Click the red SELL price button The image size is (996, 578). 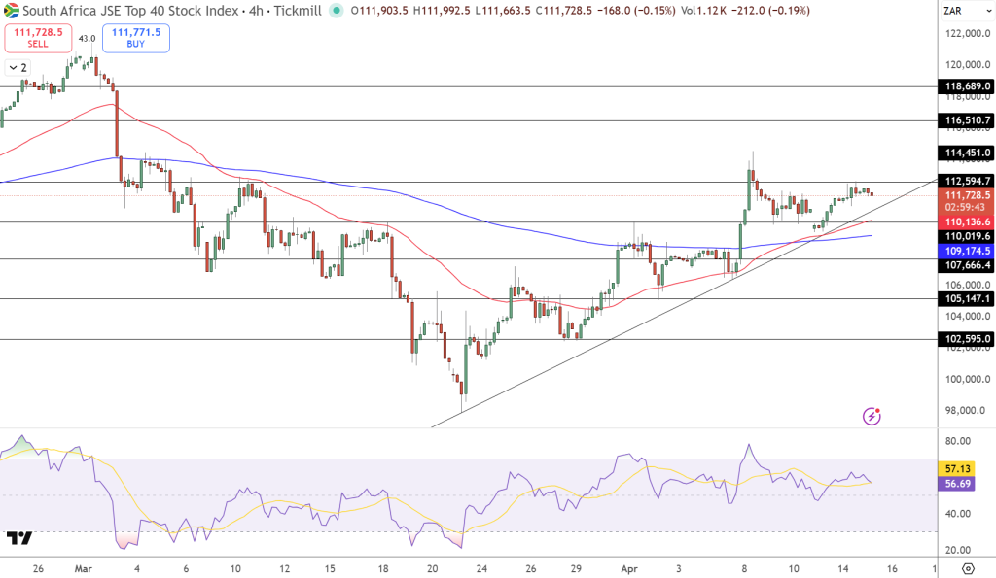point(37,38)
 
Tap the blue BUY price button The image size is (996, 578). point(135,38)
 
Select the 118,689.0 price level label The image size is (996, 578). point(967,86)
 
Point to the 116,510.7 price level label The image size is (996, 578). point(967,120)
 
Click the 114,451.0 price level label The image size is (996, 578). point(967,153)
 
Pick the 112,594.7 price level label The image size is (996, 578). point(967,181)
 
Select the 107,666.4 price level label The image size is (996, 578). point(967,264)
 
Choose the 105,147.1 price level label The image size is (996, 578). point(967,299)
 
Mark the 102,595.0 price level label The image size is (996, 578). point(967,339)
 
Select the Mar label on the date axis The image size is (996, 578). point(84,567)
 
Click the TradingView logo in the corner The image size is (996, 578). point(19,538)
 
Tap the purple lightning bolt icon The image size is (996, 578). point(872,417)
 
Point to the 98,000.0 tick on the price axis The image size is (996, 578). point(965,410)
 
